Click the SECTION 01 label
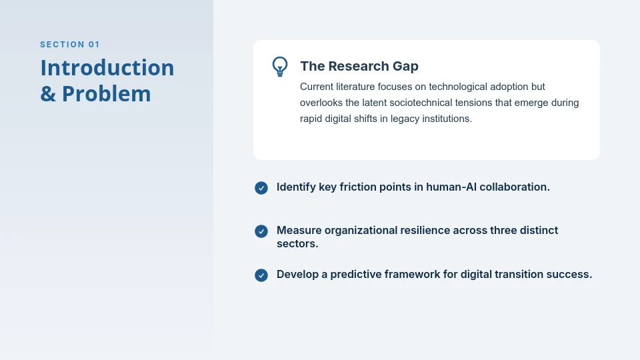(70, 45)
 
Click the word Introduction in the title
(107, 68)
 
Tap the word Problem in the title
(107, 94)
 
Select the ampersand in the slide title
(48, 94)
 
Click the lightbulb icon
(280, 66)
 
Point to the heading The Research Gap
(359, 66)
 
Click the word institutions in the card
(446, 119)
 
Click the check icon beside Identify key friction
(261, 188)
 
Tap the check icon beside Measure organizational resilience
(261, 231)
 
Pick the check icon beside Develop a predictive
(261, 275)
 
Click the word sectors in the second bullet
(297, 244)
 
